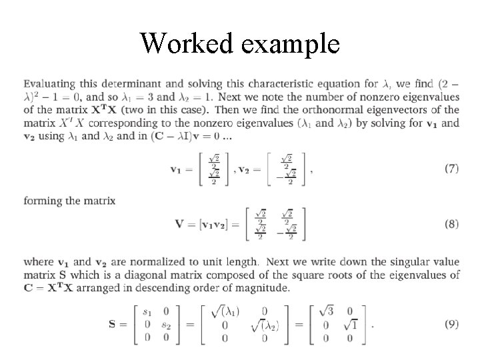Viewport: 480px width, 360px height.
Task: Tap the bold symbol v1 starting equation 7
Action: click(x=178, y=169)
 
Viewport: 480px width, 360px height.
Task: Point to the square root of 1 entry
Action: click(x=351, y=326)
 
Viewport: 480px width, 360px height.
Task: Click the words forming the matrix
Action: click(x=69, y=200)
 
